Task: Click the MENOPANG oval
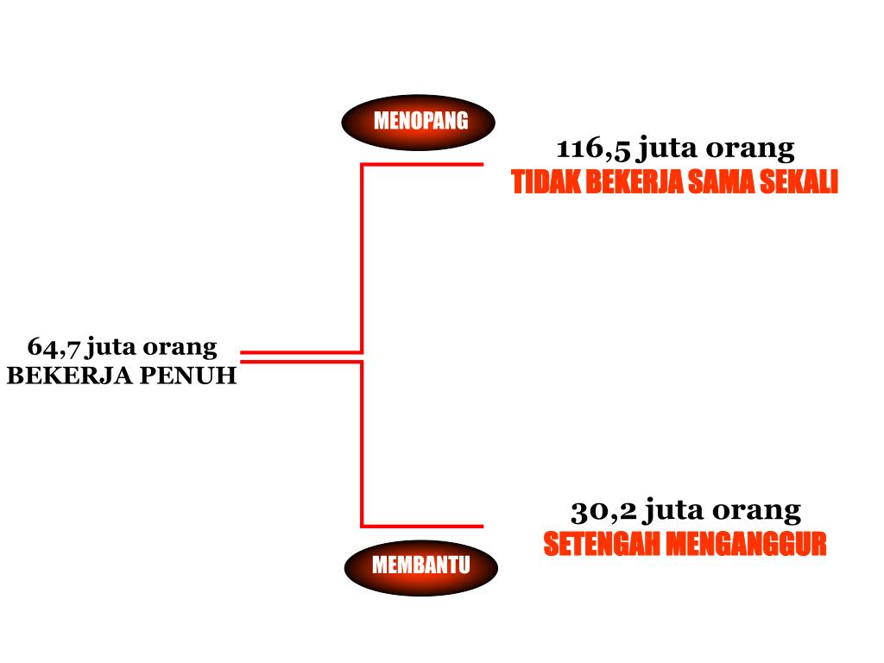[x=419, y=122]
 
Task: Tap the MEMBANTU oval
[x=420, y=567]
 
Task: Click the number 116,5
[x=594, y=149]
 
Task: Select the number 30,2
[x=603, y=510]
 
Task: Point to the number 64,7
[x=54, y=347]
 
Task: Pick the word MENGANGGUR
[x=747, y=545]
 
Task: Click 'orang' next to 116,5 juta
[x=750, y=149]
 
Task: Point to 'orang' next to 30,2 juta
[x=757, y=510]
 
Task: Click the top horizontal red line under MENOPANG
[x=422, y=164]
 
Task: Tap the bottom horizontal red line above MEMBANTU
[x=422, y=526]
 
